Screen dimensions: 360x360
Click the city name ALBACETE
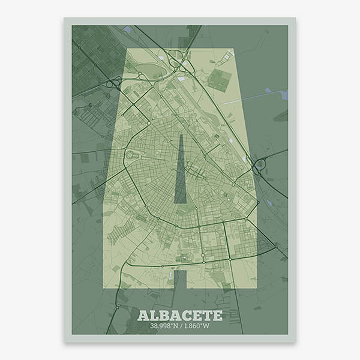180,315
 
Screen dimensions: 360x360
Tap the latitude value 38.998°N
164,326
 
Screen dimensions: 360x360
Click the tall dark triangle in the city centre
181,174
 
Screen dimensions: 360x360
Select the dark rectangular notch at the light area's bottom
180,278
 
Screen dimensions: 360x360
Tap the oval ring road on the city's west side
131,155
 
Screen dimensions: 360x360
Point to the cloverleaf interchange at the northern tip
179,62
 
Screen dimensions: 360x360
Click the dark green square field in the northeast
220,79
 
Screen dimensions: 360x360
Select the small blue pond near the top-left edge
127,29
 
